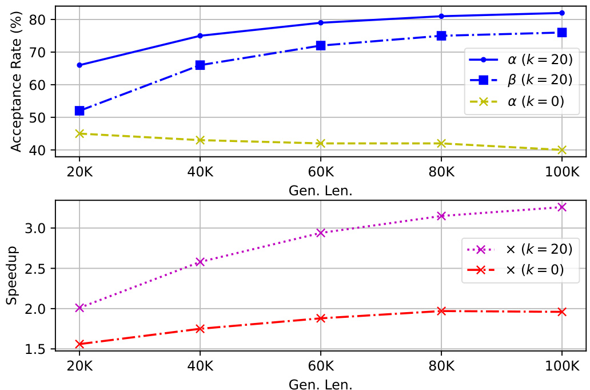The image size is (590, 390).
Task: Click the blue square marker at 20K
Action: (x=79, y=111)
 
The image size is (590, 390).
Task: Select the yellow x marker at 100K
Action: (x=562, y=150)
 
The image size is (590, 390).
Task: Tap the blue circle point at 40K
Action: (x=200, y=36)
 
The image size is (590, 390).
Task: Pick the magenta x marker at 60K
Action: (x=321, y=233)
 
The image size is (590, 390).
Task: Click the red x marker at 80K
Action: (x=441, y=311)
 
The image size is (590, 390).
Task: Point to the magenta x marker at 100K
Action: (x=562, y=207)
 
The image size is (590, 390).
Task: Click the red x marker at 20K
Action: (x=79, y=344)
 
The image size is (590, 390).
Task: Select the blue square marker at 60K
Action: (x=321, y=45)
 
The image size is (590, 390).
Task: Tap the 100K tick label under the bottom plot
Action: (x=560, y=365)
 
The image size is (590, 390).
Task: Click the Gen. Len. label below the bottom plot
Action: (x=321, y=383)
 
